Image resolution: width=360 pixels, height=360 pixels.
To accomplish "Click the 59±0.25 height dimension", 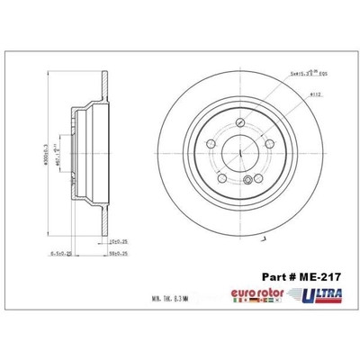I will [x=119, y=255].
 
